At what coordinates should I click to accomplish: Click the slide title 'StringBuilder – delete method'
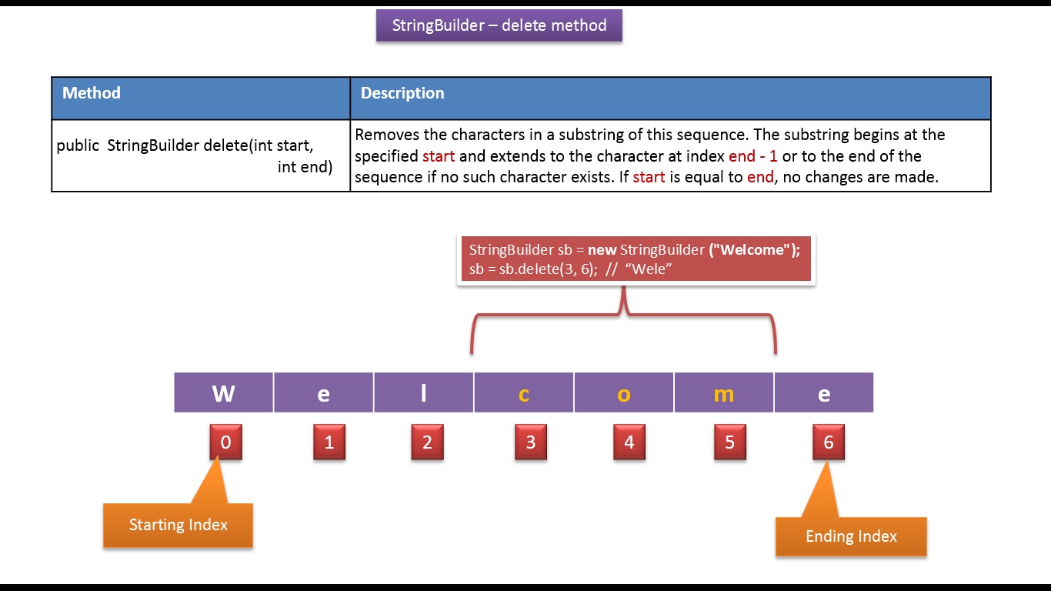499,25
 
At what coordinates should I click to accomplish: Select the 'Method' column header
92,93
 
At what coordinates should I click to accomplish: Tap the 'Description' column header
402,93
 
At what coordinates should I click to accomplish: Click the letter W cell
223,392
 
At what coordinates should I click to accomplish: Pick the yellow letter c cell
524,392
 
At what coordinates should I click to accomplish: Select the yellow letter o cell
623,392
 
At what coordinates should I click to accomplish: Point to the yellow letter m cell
723,392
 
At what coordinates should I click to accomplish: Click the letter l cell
423,392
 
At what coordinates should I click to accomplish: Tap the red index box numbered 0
225,442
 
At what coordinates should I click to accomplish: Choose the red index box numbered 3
531,442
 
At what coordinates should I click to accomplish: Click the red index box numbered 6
829,442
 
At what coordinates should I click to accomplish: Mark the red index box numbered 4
629,442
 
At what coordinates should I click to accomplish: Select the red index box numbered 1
329,442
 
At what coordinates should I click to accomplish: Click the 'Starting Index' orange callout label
179,524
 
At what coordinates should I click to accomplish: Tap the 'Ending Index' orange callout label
851,536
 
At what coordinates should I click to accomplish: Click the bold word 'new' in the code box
602,250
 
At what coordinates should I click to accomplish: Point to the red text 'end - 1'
753,156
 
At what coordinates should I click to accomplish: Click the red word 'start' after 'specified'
439,156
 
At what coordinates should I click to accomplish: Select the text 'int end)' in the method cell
305,167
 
